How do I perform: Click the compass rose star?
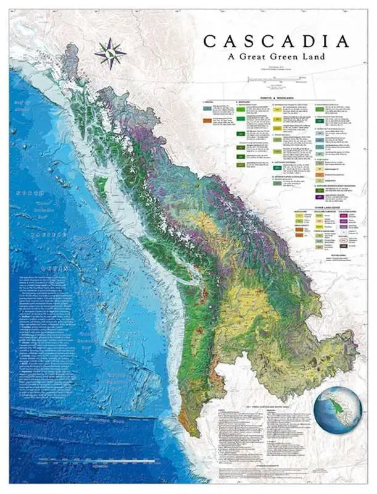(110, 53)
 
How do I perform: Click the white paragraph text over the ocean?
(52, 333)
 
